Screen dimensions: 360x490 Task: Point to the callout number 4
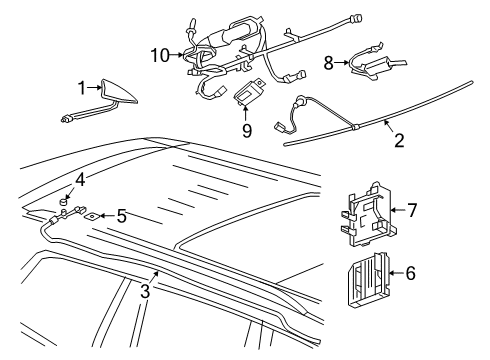pyautogui.click(x=80, y=181)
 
